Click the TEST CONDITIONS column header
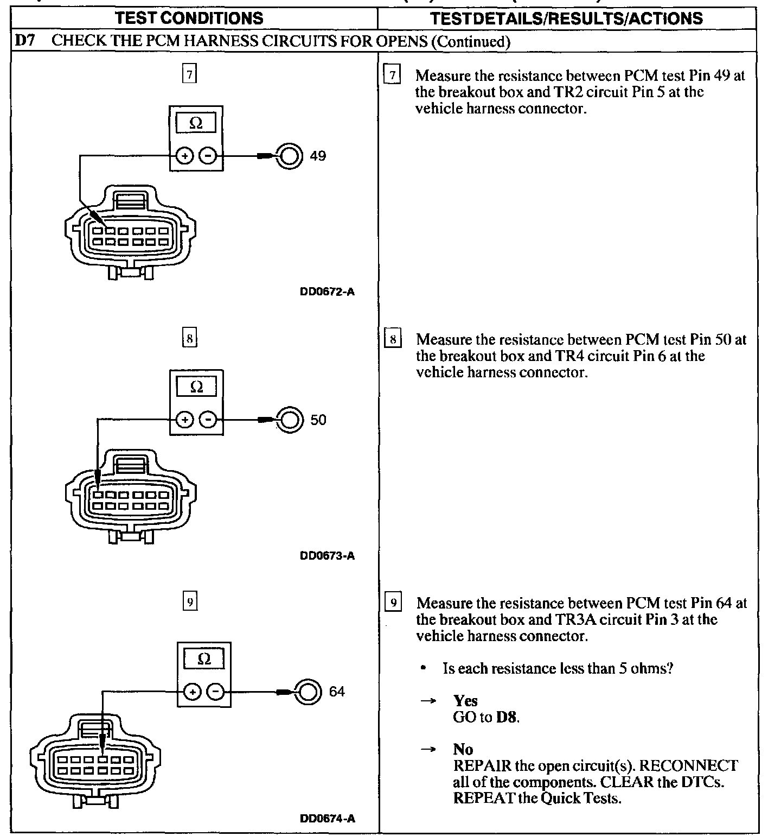190,18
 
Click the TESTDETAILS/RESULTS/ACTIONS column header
566,18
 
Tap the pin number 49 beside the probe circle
318,156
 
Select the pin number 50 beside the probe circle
318,420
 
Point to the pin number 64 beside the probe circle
337,692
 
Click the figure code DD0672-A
328,292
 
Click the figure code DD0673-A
328,556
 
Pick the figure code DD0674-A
328,819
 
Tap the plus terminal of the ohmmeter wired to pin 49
185,156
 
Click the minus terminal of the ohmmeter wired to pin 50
208,420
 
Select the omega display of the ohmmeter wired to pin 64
204,660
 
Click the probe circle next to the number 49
290,156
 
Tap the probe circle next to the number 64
308,692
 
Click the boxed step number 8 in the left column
189,339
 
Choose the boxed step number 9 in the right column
393,603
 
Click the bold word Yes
465,701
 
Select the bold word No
463,750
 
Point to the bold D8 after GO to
507,717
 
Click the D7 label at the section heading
25,41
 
